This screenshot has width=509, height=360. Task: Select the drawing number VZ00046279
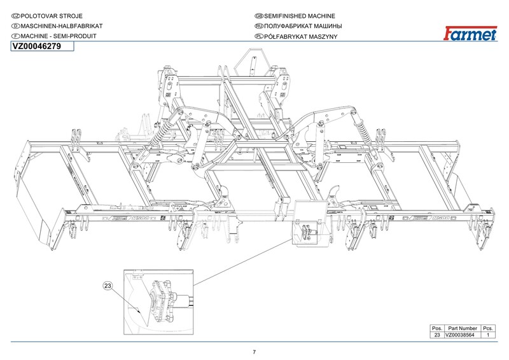(37, 47)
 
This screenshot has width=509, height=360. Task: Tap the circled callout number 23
(108, 287)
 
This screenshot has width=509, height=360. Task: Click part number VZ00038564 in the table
(462, 335)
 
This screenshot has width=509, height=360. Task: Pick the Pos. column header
(436, 328)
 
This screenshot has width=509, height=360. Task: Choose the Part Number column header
(462, 328)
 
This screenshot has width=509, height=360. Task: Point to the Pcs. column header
(488, 328)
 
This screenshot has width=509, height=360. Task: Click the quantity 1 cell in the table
(488, 335)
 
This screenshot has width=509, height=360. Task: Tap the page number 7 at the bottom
(254, 352)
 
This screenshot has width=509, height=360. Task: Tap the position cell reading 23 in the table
(436, 335)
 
